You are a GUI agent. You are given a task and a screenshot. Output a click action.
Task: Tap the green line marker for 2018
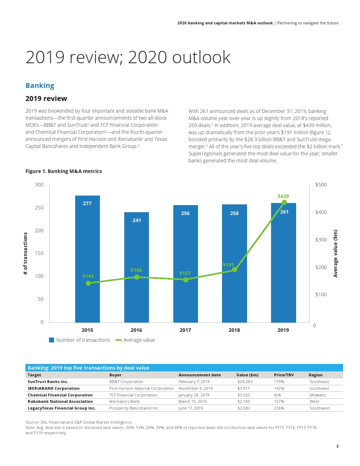[235, 270]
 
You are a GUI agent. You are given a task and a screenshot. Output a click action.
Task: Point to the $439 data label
[283, 196]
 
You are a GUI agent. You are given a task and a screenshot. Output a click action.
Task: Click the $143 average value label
[88, 276]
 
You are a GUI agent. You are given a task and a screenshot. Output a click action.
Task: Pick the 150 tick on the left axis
[39, 253]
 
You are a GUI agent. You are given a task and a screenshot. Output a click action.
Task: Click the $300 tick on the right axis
[321, 240]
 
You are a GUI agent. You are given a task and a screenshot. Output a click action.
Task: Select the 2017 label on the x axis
[185, 330]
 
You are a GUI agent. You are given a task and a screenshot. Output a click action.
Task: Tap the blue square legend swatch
[52, 340]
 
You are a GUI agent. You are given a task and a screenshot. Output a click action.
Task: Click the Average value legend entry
[139, 340]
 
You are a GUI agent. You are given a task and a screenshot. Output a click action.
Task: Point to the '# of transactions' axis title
[25, 253]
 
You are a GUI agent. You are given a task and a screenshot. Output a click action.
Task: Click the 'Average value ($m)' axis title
[335, 253]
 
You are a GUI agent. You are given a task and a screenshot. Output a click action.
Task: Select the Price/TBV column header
[284, 375]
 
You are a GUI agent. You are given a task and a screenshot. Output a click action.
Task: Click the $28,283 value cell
[245, 382]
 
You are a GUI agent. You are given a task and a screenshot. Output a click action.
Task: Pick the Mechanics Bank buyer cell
[124, 401]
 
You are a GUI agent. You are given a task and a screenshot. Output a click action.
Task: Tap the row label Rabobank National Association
[60, 401]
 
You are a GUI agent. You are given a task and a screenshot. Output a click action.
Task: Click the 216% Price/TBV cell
[279, 408]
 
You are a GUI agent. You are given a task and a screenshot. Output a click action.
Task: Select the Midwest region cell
[318, 395]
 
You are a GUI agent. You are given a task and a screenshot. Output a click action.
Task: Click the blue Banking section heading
[40, 85]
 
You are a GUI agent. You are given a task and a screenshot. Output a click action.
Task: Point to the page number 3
[337, 446]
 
